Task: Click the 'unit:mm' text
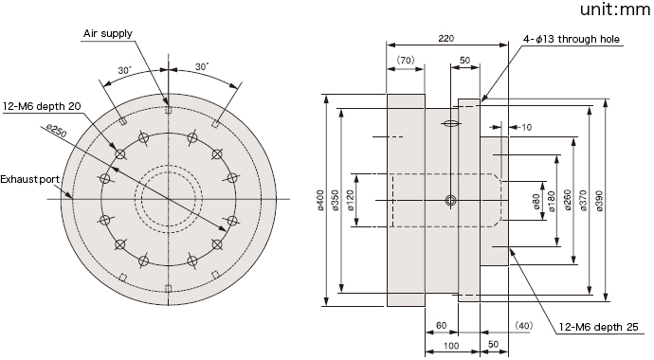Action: [614, 9]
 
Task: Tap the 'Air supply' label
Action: [108, 33]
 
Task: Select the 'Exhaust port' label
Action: [29, 180]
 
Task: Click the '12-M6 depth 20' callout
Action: [42, 106]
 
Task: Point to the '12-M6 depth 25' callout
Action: [598, 327]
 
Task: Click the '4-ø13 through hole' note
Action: [572, 39]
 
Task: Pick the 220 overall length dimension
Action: [445, 38]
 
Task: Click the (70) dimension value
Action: [405, 60]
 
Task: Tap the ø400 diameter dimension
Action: [320, 200]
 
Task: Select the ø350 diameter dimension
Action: [336, 200]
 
